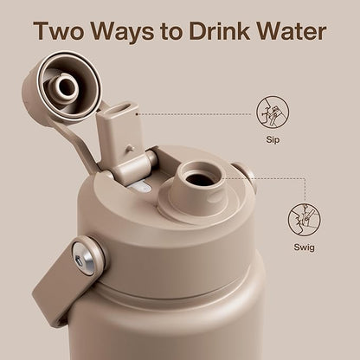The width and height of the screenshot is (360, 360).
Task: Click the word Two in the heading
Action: coord(59,30)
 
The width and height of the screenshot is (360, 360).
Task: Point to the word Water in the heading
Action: coord(292,30)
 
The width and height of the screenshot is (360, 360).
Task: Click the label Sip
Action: coord(273,140)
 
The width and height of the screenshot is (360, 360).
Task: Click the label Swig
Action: coord(304,247)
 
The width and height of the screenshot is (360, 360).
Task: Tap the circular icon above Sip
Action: coord(273,112)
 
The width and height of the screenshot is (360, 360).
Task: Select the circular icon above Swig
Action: coord(304,220)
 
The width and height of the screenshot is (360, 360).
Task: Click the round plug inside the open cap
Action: coord(66,87)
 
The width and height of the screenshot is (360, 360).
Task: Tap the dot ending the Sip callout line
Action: coord(137,114)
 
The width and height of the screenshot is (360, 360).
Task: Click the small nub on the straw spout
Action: coord(132,148)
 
